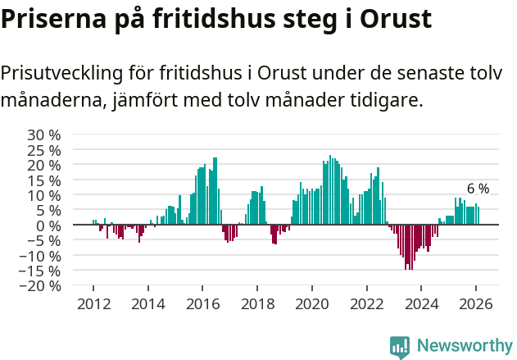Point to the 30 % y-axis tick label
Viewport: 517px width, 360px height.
pos(44,135)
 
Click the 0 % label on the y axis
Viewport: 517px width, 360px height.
pos(48,226)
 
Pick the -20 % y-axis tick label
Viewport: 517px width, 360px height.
pos(41,286)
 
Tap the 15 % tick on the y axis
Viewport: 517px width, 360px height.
pos(44,180)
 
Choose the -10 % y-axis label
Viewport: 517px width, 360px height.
pos(41,256)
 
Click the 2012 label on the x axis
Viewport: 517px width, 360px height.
pos(93,303)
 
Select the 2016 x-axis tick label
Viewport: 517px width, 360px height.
pos(202,303)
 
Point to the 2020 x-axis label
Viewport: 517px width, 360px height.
pos(311,303)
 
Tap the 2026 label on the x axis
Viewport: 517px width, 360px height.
pos(475,303)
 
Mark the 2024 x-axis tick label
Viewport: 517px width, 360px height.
pos(420,303)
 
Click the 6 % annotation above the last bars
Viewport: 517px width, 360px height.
pos(478,189)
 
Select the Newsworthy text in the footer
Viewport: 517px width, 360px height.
pos(464,345)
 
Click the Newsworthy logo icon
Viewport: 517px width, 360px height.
pos(400,346)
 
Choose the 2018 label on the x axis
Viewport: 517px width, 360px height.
pos(257,303)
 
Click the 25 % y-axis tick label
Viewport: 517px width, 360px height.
pos(44,150)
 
